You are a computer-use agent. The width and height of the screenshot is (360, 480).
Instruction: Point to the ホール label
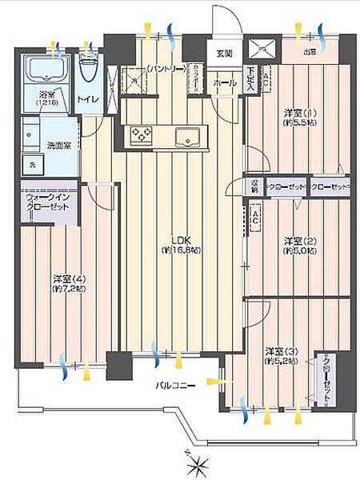pos(223,82)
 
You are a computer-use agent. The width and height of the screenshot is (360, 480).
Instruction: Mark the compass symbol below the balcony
pos(195,462)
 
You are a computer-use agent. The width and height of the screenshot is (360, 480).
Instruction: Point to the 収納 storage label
pos(254,186)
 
